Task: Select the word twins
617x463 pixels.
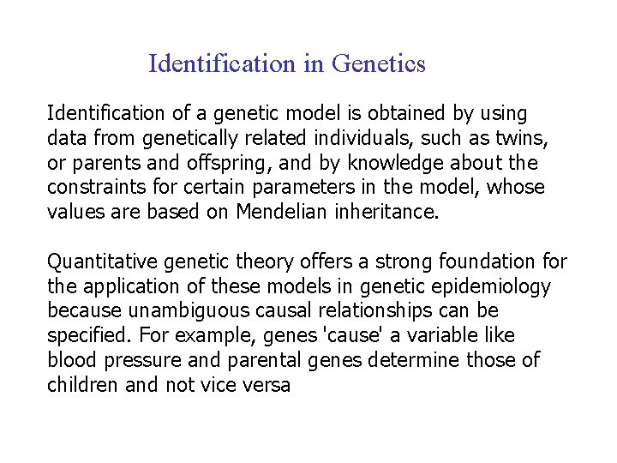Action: [x=525, y=138]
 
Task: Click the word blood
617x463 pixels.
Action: [x=72, y=360]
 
